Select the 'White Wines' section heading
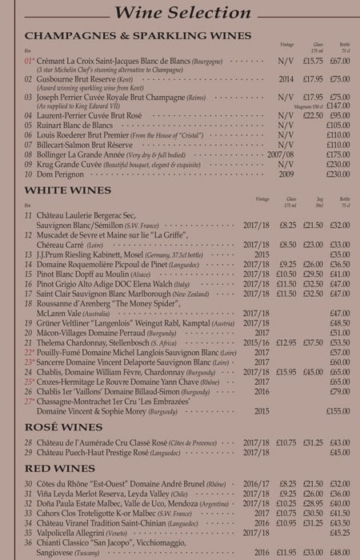coord(68,190)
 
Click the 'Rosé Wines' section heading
coord(64,428)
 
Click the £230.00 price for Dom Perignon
coord(338,174)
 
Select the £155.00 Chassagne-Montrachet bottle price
coord(338,410)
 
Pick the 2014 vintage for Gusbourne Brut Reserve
coord(286,79)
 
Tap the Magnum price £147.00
coord(338,105)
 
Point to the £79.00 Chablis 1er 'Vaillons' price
coord(340,391)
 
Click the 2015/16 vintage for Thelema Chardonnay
coord(257,342)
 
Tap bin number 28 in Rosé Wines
coord(29,442)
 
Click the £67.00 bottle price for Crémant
coord(340,60)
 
